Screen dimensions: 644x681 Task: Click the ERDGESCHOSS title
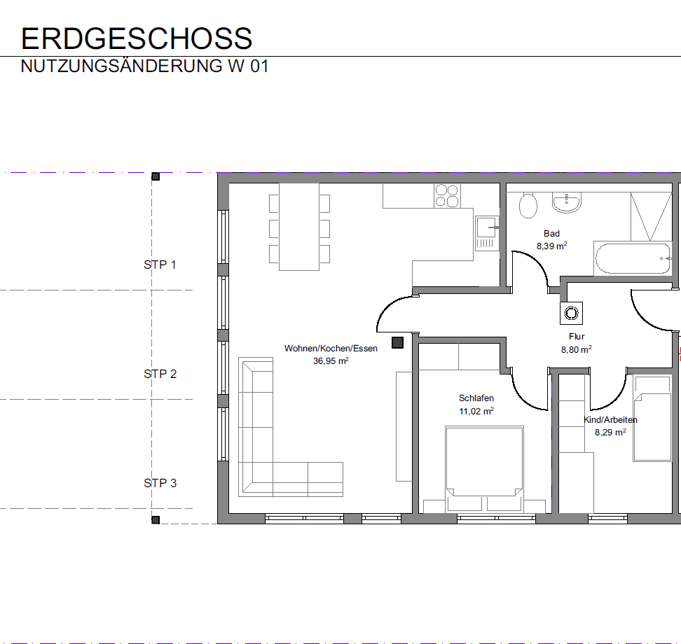137,38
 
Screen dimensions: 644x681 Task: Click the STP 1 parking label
160,265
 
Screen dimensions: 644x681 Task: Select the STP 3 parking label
160,483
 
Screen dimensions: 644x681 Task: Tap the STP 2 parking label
160,374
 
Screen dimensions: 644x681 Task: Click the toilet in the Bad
528,205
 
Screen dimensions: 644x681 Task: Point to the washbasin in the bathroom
566,202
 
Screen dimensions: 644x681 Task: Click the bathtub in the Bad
633,259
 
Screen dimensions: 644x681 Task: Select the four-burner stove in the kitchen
446,195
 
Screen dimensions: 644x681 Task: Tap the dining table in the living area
299,226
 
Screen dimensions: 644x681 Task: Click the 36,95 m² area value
331,361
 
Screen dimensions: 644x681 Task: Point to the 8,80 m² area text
576,349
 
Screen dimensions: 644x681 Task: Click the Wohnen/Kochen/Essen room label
331,348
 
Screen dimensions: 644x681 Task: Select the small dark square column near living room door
397,342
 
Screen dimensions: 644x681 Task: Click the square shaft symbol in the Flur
571,313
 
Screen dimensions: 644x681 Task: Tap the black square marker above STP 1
156,176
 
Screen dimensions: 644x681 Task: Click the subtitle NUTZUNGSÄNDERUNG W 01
144,67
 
